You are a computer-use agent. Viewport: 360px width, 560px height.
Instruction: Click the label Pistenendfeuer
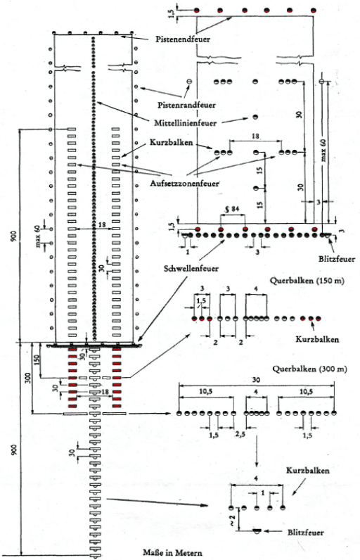coord(183,39)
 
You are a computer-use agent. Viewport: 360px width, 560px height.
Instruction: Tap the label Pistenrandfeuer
coord(186,105)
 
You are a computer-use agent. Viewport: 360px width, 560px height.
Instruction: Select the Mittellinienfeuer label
coord(185,123)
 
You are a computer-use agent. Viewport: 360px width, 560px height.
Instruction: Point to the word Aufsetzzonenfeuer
coord(184,184)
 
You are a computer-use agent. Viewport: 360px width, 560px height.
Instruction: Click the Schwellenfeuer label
coord(191,269)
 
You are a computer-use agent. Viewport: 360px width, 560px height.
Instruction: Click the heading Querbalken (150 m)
coord(307,281)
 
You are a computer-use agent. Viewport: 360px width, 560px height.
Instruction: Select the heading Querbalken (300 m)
coord(309,369)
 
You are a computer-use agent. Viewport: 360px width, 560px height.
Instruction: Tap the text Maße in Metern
coord(172,552)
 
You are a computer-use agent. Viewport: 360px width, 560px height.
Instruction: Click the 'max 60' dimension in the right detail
coord(323,150)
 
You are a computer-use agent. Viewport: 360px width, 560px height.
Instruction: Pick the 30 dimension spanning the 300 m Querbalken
coord(256,380)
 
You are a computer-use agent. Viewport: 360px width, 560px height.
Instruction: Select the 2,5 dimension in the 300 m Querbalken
coord(240,435)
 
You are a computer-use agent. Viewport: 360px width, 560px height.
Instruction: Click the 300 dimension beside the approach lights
coord(29,379)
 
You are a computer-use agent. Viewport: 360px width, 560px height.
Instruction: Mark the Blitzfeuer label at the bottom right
coord(305,533)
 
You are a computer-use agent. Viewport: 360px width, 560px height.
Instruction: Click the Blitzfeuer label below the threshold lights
coord(337,259)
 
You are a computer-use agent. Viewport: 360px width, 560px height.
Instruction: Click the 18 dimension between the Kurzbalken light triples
coord(255,136)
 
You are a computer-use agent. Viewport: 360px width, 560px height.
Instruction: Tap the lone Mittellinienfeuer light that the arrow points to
coord(255,117)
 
